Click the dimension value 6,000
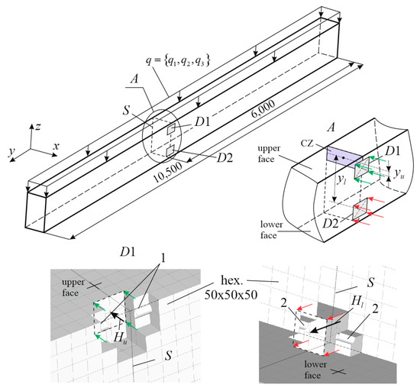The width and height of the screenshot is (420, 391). (x=263, y=108)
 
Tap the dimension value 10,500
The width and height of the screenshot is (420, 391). (x=168, y=172)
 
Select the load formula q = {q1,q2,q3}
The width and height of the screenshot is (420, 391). (x=178, y=61)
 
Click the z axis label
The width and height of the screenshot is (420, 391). (x=38, y=127)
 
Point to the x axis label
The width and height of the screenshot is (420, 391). (x=56, y=146)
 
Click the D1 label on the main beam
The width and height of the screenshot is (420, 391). (x=202, y=122)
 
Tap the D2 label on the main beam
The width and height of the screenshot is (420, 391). (x=225, y=158)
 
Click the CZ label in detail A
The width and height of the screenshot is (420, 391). (x=307, y=144)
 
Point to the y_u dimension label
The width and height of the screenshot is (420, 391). (x=399, y=174)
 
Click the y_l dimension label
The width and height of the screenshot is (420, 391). (x=341, y=179)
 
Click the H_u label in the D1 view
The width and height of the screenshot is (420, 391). (x=120, y=338)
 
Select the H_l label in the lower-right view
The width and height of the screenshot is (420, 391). (x=357, y=302)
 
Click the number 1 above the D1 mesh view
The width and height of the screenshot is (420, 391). (x=163, y=258)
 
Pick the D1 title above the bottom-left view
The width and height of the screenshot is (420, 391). (x=128, y=252)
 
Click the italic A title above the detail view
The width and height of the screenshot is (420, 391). (x=331, y=128)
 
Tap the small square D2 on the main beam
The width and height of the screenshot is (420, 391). (x=170, y=151)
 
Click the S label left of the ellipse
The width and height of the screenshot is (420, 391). (x=126, y=110)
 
